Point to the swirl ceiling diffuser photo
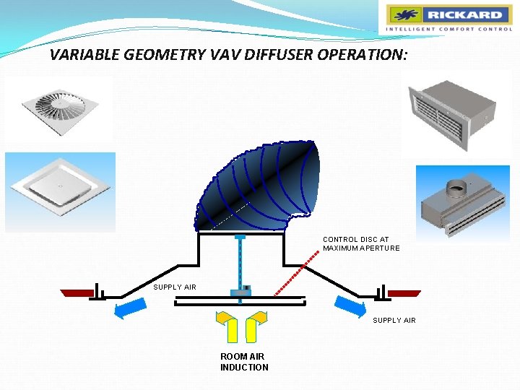(59, 108)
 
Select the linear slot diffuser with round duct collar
(463, 205)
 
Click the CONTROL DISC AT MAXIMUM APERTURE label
(360, 243)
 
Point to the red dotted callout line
(298, 273)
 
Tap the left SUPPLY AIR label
(175, 287)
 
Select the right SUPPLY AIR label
(394, 320)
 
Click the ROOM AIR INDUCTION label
(243, 362)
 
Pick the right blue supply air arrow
(350, 306)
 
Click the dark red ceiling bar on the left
(77, 292)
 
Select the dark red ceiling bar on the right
(404, 293)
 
